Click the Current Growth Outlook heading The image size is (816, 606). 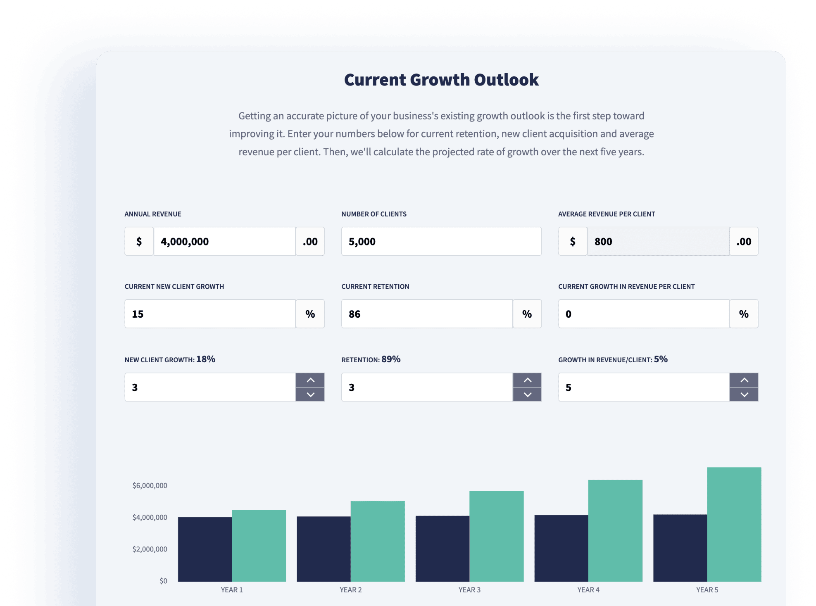[441, 80]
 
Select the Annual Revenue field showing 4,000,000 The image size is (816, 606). [224, 241]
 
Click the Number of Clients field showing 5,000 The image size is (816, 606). [441, 241]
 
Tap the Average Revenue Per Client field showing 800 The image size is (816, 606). [658, 241]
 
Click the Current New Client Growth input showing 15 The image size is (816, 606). [210, 314]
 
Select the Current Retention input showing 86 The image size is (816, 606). [426, 314]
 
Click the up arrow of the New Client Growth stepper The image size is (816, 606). [310, 380]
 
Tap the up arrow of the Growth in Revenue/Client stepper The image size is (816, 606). [744, 380]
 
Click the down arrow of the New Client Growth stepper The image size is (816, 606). [310, 394]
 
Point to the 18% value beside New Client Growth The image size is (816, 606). [206, 359]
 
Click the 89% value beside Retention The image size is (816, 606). [391, 359]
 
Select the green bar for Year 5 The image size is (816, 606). [734, 525]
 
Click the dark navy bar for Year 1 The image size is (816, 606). [205, 549]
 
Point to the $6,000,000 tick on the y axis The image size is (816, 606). [150, 485]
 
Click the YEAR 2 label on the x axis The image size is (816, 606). [350, 590]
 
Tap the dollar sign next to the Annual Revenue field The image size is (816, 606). [139, 241]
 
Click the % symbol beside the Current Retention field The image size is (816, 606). [527, 314]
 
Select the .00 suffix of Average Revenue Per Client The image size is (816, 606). [744, 241]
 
